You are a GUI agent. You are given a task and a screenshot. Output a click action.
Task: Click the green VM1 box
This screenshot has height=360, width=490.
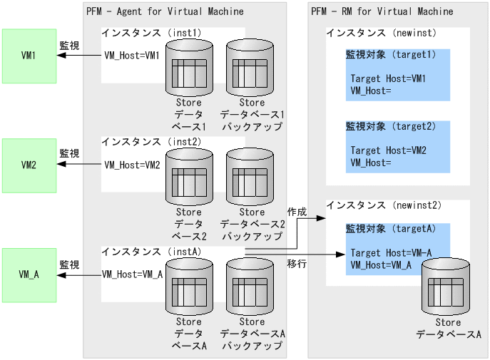29,56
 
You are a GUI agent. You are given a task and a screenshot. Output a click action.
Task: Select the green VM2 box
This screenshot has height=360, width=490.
29,165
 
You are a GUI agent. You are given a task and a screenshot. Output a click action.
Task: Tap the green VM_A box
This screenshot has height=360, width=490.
29,275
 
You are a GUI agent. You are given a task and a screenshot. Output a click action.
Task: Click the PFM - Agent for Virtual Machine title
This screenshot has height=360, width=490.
165,11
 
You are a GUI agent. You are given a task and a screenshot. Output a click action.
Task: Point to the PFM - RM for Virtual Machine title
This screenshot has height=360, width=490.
382,11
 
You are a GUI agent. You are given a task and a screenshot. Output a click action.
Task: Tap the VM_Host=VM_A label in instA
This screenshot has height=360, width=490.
133,274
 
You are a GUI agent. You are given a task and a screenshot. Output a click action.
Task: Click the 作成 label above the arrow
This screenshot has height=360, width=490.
297,212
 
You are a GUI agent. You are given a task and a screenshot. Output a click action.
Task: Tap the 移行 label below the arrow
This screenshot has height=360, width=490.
297,263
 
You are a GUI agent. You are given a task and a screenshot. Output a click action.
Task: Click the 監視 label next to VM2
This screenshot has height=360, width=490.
69,153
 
